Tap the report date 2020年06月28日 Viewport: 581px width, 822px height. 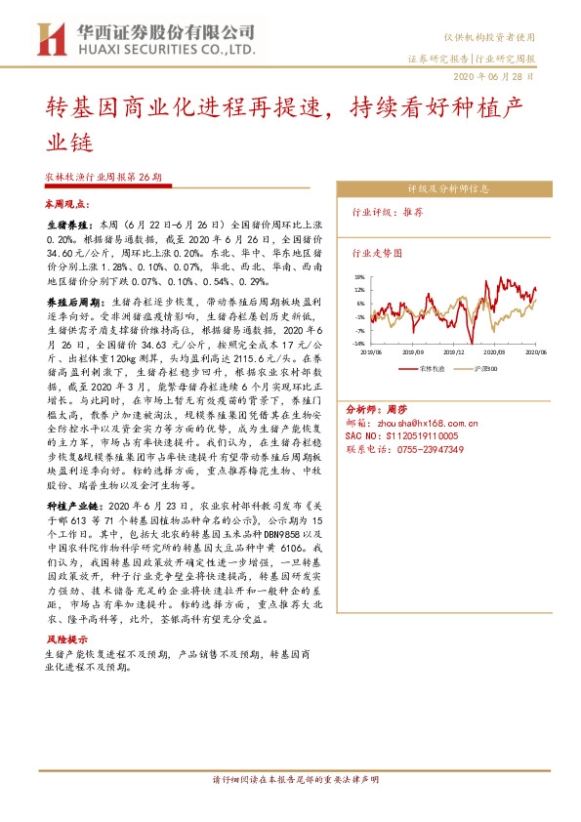494,76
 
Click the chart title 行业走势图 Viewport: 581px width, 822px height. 376,253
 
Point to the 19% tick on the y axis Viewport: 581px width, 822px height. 360,276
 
